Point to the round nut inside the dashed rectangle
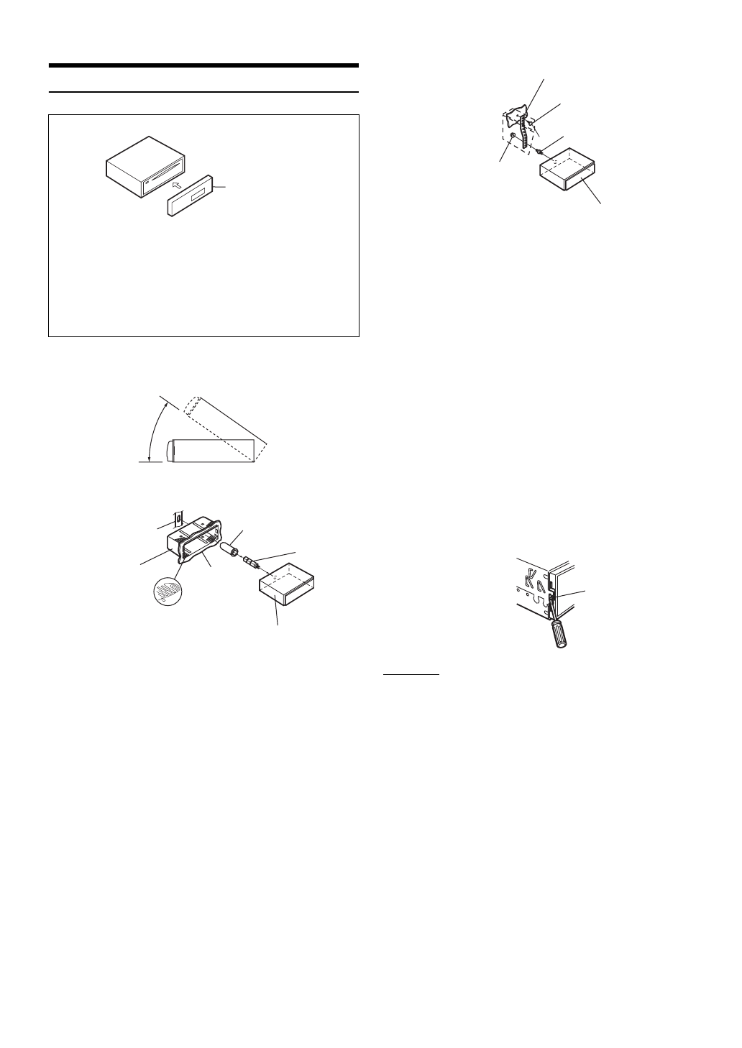pyautogui.click(x=511, y=137)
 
